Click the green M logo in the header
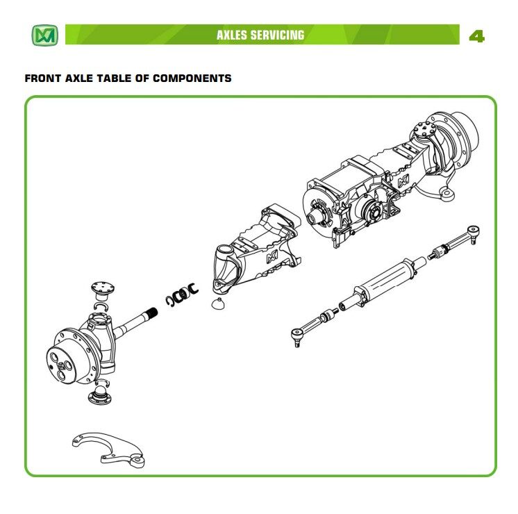tap(44, 35)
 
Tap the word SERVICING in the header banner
tap(278, 35)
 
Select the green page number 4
tap(476, 35)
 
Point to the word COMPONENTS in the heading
tap(192, 78)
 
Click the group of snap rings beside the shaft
tap(182, 296)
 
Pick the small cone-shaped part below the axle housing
tap(217, 304)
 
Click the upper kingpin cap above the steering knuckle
tap(103, 288)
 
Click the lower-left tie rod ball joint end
tap(297, 334)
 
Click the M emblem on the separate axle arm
tap(271, 259)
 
